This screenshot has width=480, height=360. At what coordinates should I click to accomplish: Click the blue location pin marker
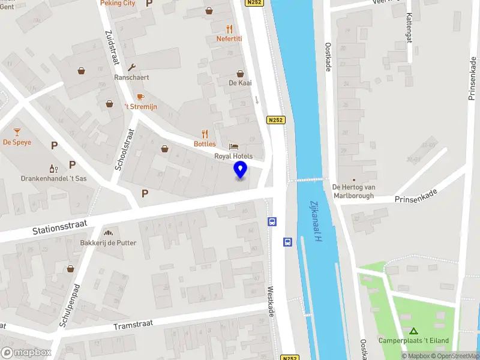tap(240, 170)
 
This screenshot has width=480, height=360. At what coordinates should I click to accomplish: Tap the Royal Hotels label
tap(238, 156)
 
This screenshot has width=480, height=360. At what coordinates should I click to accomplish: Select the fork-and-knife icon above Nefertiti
tap(229, 28)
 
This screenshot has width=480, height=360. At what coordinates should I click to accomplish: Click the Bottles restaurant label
tap(205, 144)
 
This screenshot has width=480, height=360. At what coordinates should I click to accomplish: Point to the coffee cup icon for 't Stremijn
tap(140, 97)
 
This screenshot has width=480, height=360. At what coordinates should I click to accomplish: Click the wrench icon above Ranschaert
tap(131, 67)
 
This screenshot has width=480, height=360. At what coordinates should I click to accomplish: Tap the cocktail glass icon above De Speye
tap(17, 132)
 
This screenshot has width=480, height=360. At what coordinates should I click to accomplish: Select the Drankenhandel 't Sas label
tap(54, 179)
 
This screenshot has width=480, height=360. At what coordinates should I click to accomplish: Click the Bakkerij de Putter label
tap(109, 243)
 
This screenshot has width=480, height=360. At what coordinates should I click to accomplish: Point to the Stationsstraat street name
tap(60, 227)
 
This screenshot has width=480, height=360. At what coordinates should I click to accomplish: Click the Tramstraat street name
tap(133, 325)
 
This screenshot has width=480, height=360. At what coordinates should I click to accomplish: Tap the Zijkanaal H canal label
tap(316, 222)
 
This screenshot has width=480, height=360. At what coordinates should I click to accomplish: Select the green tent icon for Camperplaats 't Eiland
tap(413, 331)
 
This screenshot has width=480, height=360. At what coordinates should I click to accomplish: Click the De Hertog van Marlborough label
tap(353, 191)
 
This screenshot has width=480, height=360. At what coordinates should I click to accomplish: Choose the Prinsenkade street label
tap(416, 196)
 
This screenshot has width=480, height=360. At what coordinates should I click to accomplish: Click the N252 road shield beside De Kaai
tap(276, 120)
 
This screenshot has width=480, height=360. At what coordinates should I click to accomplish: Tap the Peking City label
tap(117, 3)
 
